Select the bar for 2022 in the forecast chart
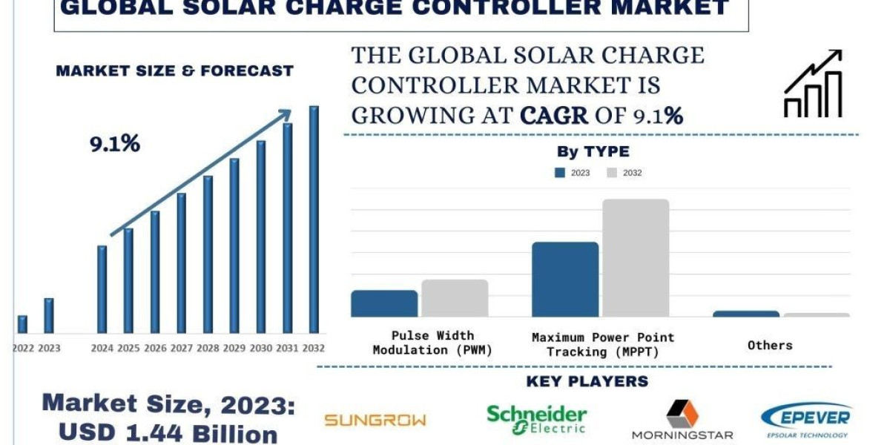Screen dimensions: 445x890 pos(22,324)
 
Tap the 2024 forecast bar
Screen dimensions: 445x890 pos(102,289)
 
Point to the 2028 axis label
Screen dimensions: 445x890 pos(208,348)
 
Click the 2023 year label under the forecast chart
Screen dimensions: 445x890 pos(49,348)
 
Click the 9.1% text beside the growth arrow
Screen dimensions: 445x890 pos(115,144)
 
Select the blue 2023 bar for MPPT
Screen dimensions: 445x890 pos(565,280)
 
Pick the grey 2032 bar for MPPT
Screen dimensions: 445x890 pos(636,258)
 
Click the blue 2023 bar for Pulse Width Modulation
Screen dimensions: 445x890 pos(384,303)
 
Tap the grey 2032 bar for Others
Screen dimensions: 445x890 pos(817,315)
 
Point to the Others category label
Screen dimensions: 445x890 pos(770,345)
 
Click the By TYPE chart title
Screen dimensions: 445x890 pos(593,152)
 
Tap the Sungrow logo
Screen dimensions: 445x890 pos(375,421)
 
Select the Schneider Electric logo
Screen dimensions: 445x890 pos(536,418)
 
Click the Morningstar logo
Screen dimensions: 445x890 pos(682,421)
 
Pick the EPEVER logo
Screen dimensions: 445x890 pos(805,420)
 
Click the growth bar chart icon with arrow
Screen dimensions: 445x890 pos(813,84)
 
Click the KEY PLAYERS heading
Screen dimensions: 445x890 pos(587,382)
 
